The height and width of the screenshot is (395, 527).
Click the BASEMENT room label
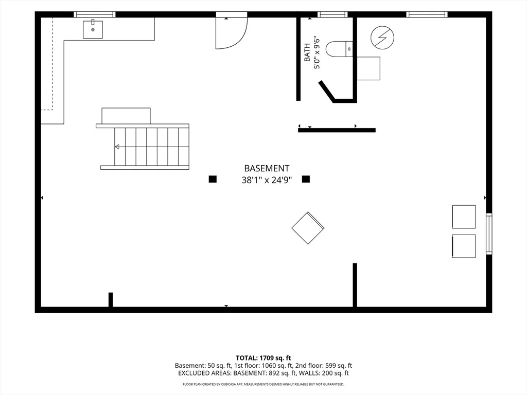coord(267,168)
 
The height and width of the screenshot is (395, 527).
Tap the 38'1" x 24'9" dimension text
coord(267,181)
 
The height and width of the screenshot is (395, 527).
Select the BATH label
coord(307,52)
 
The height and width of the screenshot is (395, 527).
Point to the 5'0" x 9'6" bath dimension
coord(317,53)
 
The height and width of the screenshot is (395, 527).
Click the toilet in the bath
coord(339,49)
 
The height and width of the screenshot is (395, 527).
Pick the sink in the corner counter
coord(93,29)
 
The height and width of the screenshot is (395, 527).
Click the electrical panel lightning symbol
coord(382,37)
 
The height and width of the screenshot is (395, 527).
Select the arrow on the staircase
coord(117,147)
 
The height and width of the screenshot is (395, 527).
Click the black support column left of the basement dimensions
coord(213,179)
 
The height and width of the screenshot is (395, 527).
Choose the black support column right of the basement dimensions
coord(306,179)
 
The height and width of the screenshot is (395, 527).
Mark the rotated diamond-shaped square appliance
coord(308,228)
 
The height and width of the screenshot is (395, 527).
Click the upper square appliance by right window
coord(464,217)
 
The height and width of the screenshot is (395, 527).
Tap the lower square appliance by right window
coord(464,246)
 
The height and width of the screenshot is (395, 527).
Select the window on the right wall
coord(489,234)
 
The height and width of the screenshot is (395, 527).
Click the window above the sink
coord(95,14)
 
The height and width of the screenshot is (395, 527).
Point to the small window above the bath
coord(332,14)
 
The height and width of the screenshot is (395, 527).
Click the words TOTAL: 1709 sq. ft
coord(263,358)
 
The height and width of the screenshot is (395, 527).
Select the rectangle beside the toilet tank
coord(368,68)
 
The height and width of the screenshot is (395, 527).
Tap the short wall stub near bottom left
coord(111,300)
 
